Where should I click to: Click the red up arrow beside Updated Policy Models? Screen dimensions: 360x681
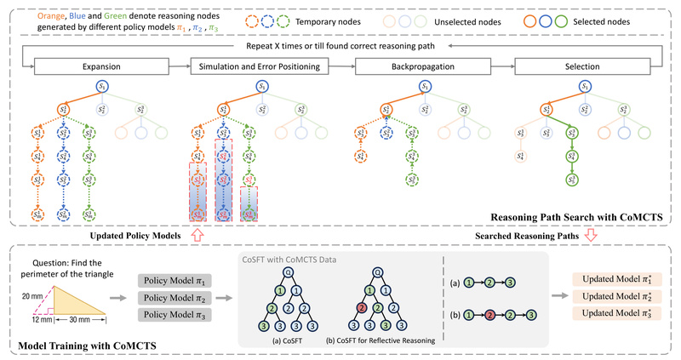click(x=198, y=235)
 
